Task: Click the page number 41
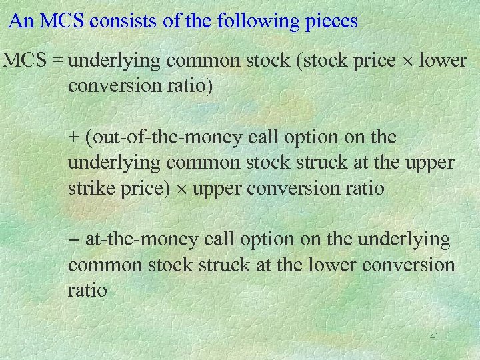click(x=434, y=337)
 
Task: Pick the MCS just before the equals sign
click(x=23, y=61)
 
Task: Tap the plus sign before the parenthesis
click(x=73, y=138)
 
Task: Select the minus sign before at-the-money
click(x=73, y=239)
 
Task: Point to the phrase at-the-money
click(x=139, y=239)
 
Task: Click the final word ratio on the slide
click(x=87, y=290)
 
